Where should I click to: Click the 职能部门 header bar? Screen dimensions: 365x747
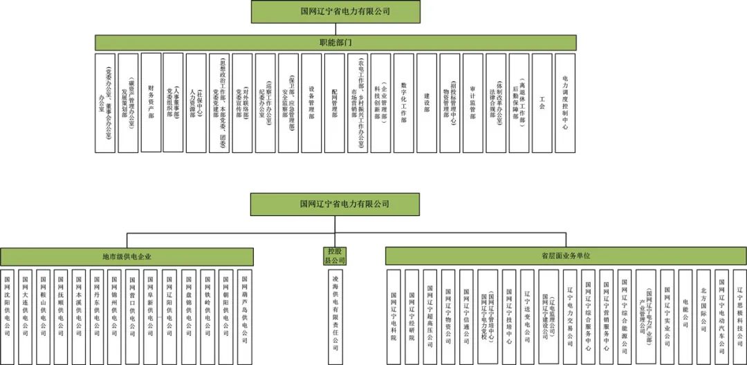coord(340,42)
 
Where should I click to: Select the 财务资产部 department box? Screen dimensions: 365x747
coord(151,103)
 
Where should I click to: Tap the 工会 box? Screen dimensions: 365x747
coord(542,103)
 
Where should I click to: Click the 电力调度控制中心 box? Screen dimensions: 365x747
coord(565,103)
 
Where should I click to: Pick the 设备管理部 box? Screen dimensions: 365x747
coord(311,103)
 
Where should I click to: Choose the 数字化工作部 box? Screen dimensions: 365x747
coord(403,103)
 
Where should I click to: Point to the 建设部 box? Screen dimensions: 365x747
coord(427,103)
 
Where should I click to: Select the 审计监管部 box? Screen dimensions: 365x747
coord(472,103)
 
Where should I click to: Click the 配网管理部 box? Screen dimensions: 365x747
coord(335,103)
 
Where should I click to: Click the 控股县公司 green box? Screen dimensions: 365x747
coord(334,256)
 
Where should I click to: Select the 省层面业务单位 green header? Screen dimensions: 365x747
coord(566,256)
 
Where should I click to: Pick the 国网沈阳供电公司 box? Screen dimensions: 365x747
coord(8,315)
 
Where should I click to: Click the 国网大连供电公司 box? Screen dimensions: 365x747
coord(26,315)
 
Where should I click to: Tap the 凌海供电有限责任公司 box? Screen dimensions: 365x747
coord(334,315)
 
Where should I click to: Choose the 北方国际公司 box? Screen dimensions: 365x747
coord(703,315)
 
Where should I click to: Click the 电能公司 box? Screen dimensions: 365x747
coord(685,315)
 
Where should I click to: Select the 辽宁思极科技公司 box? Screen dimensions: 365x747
coord(739,315)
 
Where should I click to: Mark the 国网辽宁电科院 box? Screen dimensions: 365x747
coord(394,315)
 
